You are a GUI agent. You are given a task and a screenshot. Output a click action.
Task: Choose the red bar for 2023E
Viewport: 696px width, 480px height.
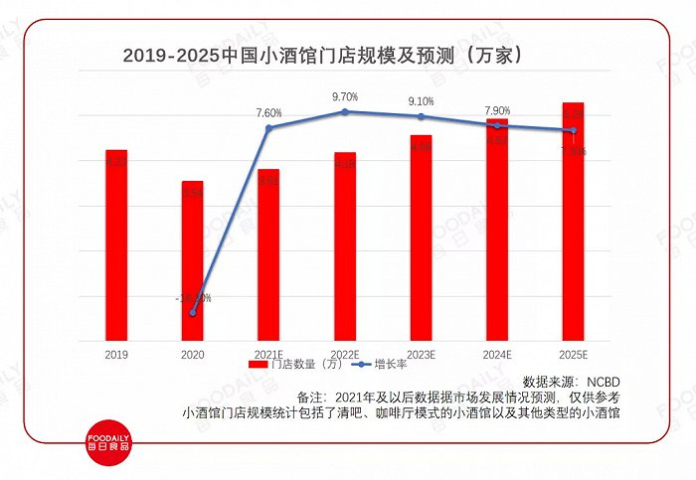point(421,238)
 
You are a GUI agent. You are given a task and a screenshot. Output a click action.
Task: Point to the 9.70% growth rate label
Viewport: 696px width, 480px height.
point(345,96)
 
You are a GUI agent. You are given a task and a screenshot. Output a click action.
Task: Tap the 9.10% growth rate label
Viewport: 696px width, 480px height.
point(421,101)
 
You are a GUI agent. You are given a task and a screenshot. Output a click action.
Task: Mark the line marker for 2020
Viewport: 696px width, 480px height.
point(193,313)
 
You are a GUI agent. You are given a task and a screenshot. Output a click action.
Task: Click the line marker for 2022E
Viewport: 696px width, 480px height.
point(345,112)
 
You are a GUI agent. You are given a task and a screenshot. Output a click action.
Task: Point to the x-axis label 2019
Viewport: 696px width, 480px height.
point(116,353)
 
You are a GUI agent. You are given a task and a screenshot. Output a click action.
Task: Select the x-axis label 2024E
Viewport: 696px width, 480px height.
point(496,353)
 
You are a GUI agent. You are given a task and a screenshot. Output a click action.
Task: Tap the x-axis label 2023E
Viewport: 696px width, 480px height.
point(421,353)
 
